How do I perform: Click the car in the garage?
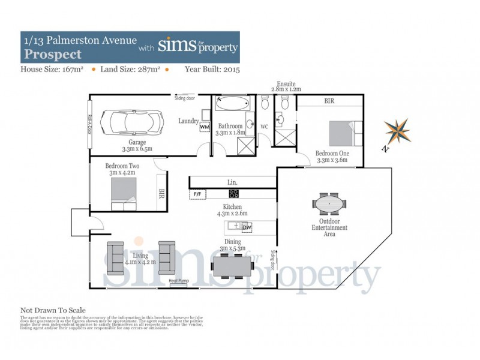coord(131,122)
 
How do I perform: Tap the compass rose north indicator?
coord(397,131)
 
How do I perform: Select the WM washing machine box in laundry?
coord(204,127)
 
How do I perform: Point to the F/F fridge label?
coord(197,194)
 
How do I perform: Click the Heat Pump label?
coord(179,281)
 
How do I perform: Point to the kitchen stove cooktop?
coord(234,194)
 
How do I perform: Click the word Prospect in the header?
coord(52,54)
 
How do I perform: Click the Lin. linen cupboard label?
coord(232,182)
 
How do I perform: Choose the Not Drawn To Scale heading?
coord(53,310)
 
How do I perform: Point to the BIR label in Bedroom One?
coord(329,101)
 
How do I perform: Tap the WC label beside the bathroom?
coord(263,127)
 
